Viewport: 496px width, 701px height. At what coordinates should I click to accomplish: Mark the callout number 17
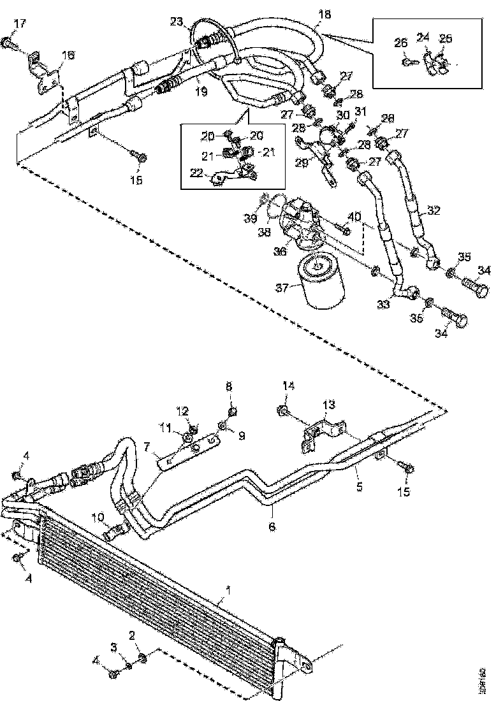20,24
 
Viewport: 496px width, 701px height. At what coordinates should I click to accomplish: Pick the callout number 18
325,13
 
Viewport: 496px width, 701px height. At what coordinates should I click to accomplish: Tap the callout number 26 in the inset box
400,43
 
